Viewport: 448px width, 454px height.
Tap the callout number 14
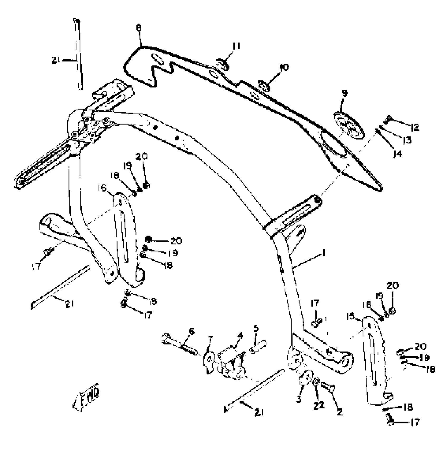coord(397,153)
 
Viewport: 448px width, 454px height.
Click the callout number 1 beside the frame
coord(323,253)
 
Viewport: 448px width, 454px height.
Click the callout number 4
coord(240,336)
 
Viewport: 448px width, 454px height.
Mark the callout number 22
coord(318,405)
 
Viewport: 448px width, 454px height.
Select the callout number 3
coord(299,399)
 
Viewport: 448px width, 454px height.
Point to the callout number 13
coord(407,140)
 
